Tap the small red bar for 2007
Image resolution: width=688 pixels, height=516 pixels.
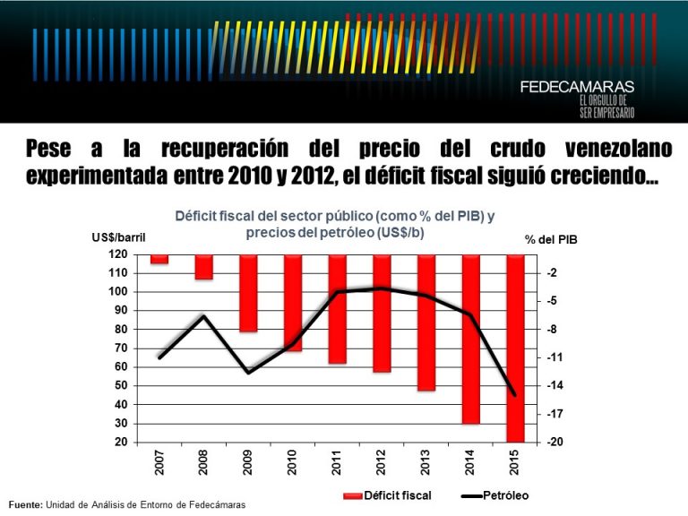tap(159, 259)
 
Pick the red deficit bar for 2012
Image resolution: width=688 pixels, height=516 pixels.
tap(382, 314)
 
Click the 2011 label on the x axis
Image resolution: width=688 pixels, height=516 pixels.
tap(337, 462)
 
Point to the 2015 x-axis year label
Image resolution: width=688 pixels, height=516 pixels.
tap(514, 462)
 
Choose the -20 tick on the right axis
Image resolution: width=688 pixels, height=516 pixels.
tap(553, 443)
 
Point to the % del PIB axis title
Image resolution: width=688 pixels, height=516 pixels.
tap(552, 238)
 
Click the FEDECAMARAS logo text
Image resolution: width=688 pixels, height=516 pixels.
tap(577, 87)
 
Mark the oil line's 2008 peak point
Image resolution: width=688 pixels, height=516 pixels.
tap(204, 315)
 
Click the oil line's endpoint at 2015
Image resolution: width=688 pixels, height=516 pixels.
tap(514, 394)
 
